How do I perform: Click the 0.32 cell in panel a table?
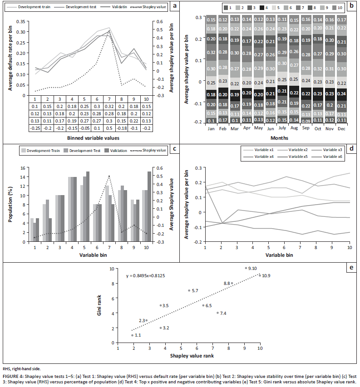109,106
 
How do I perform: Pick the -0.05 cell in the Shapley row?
84,128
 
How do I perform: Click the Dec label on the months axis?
342,129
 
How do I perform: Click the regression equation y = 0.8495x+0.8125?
149,276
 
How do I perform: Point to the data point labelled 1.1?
132,335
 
